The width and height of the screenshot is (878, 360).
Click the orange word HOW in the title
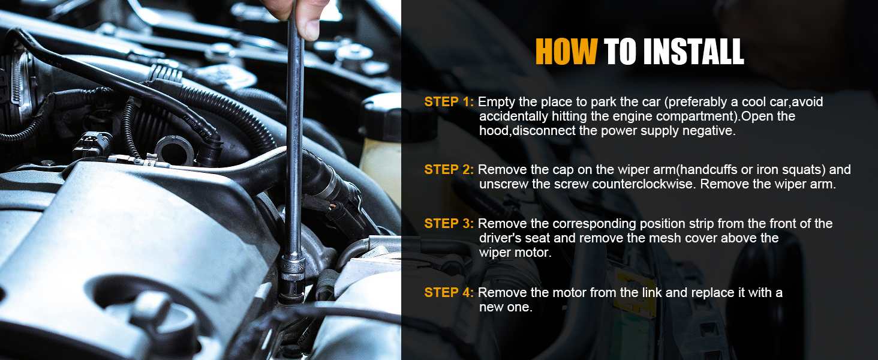pyautogui.click(x=566, y=52)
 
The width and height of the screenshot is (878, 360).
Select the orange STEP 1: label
pyautogui.click(x=449, y=102)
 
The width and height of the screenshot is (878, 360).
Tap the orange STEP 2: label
pyautogui.click(x=449, y=170)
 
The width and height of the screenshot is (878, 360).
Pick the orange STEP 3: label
pyautogui.click(x=449, y=224)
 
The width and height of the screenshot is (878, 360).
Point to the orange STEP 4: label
pyautogui.click(x=449, y=293)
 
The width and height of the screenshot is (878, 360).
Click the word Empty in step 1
pyautogui.click(x=496, y=102)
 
